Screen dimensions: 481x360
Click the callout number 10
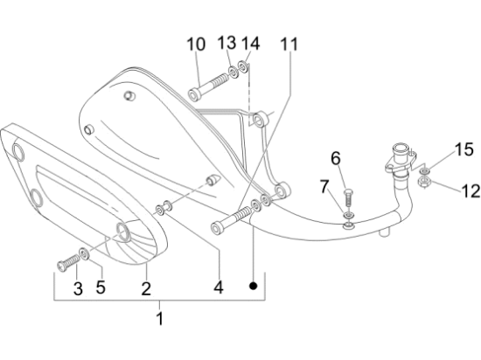click(196, 44)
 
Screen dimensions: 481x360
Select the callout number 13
click(227, 42)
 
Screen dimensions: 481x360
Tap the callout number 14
click(251, 43)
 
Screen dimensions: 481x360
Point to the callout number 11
click(289, 44)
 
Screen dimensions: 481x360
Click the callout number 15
click(464, 149)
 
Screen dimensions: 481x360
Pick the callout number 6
click(336, 158)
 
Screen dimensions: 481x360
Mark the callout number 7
click(324, 186)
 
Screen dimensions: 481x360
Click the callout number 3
click(78, 288)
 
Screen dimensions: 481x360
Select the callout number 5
click(101, 287)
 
